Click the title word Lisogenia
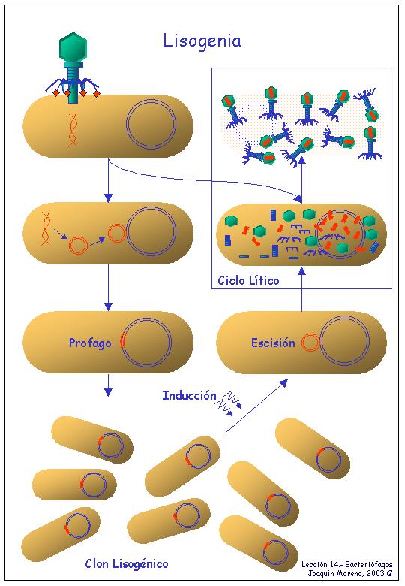point(202,41)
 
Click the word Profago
point(90,343)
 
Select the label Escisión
point(273,343)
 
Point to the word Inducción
point(189,395)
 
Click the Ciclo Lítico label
point(248,280)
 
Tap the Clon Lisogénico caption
point(127,563)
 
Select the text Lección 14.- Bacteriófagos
point(347,565)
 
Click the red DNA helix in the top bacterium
point(73,129)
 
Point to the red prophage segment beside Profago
point(122,340)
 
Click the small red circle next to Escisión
point(310,343)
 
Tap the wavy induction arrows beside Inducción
point(230,403)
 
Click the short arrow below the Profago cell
point(108,385)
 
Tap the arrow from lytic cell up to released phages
point(302,180)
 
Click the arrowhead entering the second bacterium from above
point(108,198)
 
